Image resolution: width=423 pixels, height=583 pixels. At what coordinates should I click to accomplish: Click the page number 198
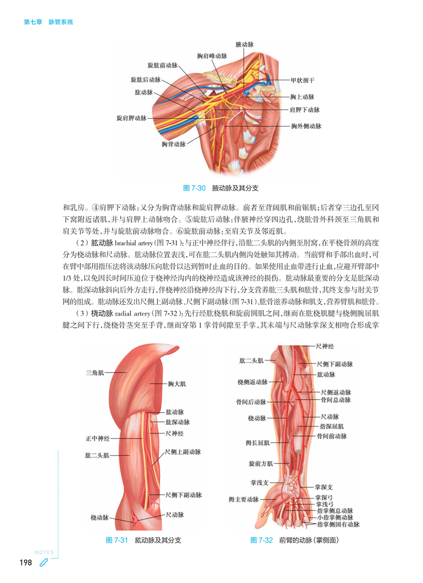click(x=26, y=562)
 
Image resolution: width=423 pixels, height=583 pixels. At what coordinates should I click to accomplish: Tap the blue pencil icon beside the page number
click(x=43, y=562)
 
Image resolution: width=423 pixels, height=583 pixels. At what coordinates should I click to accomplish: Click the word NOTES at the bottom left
click(x=44, y=552)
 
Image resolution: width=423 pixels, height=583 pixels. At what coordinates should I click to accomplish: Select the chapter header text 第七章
click(x=33, y=22)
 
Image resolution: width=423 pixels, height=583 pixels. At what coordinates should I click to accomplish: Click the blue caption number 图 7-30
click(x=194, y=188)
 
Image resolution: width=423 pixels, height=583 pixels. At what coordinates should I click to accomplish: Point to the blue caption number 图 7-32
click(x=261, y=540)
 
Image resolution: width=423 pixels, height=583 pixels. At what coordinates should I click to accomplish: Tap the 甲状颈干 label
click(x=303, y=80)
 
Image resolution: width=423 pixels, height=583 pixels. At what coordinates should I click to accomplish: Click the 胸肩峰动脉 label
click(x=212, y=56)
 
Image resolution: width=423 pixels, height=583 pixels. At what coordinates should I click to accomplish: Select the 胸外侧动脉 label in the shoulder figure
click(x=306, y=126)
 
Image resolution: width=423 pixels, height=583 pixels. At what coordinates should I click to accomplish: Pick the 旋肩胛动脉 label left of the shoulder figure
click(x=132, y=118)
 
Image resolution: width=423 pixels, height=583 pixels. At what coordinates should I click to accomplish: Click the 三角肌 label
click(x=95, y=373)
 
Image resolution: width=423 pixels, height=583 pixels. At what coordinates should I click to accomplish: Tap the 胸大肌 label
click(x=177, y=384)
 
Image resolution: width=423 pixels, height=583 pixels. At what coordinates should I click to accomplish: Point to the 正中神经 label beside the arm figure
click(x=98, y=438)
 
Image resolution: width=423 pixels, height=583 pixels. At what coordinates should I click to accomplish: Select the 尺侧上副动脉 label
click(x=183, y=452)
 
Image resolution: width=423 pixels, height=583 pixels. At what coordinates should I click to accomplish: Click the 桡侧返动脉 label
click(x=253, y=382)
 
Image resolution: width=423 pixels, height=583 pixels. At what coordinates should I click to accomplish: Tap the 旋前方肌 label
click(x=261, y=464)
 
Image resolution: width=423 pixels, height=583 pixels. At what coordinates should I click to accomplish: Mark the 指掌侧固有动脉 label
click(x=338, y=524)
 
